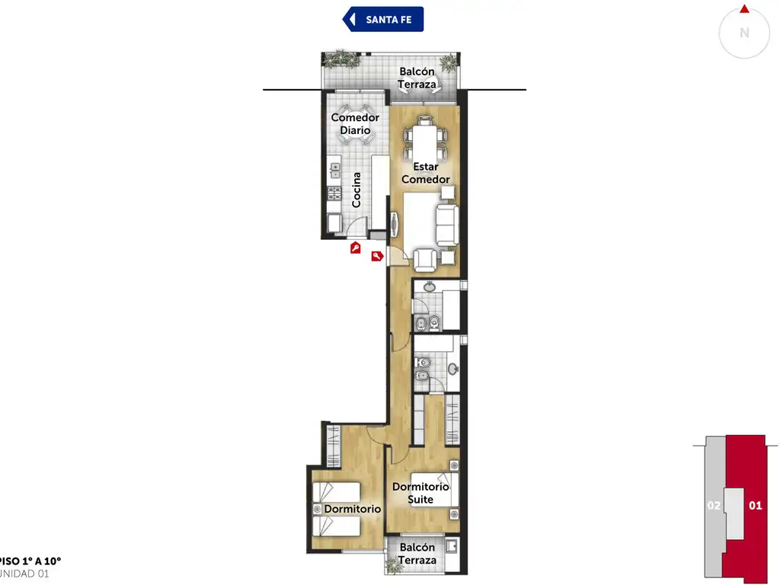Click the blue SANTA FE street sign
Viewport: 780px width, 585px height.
coord(383,19)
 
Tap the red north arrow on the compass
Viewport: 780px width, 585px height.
coord(744,9)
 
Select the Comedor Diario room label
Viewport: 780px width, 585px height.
coord(355,124)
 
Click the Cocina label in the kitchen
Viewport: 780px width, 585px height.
coord(356,190)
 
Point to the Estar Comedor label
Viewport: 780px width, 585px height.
coord(426,173)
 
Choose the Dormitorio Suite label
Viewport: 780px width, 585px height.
coord(420,493)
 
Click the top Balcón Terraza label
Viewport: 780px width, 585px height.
coord(417,78)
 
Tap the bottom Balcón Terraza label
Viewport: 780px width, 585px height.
coord(417,554)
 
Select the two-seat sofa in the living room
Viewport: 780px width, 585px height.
coord(447,225)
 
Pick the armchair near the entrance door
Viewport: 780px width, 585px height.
coord(425,260)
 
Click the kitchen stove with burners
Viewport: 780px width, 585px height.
coord(335,193)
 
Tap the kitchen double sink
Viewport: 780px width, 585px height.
coord(335,170)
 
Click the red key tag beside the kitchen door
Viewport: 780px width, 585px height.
coord(355,248)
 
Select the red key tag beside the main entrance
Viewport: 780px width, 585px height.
coord(377,256)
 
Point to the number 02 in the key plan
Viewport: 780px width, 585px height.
coord(714,506)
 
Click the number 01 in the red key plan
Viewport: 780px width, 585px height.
coord(755,506)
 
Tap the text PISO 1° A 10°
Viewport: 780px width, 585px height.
coord(30,561)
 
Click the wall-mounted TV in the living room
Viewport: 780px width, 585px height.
coord(394,225)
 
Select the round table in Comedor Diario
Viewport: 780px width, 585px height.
coord(355,124)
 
